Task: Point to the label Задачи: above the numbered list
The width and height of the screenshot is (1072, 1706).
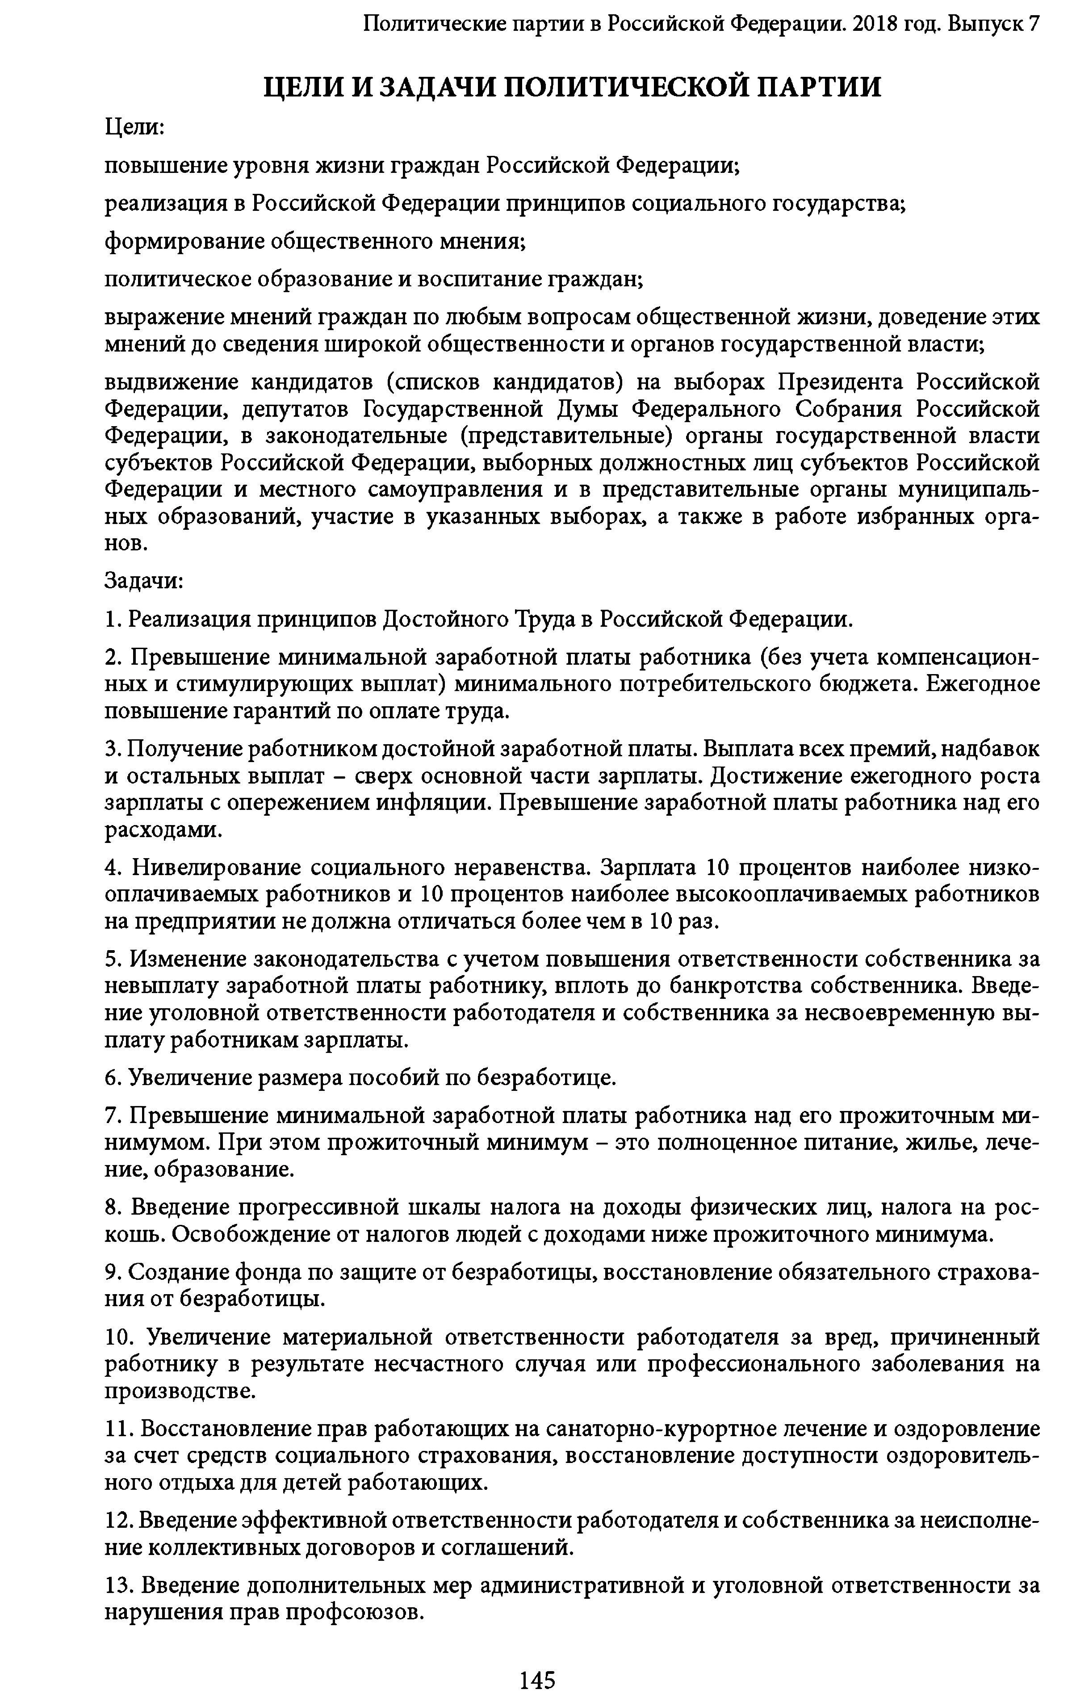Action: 144,581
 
